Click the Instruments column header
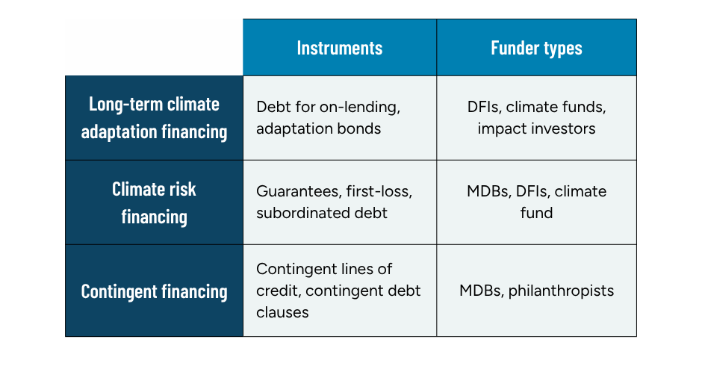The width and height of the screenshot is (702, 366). click(x=340, y=48)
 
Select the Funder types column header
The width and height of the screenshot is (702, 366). click(x=536, y=48)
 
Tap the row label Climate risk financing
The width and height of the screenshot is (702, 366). click(x=154, y=202)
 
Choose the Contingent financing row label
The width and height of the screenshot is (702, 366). click(x=154, y=291)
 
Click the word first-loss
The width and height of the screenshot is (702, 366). click(x=379, y=191)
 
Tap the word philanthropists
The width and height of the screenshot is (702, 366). click(x=561, y=290)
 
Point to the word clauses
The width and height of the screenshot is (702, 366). click(x=282, y=311)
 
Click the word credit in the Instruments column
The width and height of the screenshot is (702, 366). click(x=278, y=290)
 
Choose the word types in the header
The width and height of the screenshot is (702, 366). click(x=562, y=48)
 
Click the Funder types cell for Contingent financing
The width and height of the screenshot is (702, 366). click(x=536, y=291)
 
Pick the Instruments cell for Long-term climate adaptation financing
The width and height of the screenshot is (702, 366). click(x=340, y=118)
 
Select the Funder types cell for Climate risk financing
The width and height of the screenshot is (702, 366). click(x=536, y=202)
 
